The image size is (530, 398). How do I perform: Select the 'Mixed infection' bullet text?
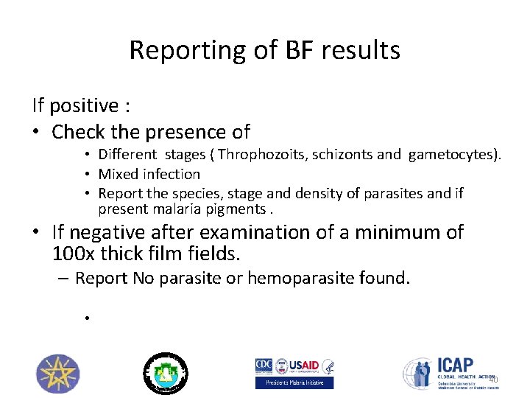[x=149, y=174]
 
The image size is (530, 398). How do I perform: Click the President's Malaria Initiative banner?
[x=294, y=383]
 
